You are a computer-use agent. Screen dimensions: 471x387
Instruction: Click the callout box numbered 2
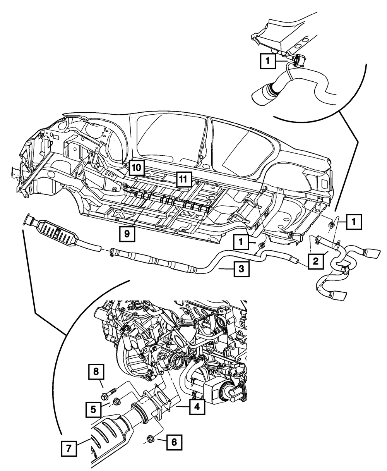click(315, 262)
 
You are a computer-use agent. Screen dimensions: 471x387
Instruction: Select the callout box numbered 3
click(241, 269)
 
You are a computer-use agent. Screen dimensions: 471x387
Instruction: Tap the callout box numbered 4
click(197, 407)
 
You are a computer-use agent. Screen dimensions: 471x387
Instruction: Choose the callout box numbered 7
click(68, 449)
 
